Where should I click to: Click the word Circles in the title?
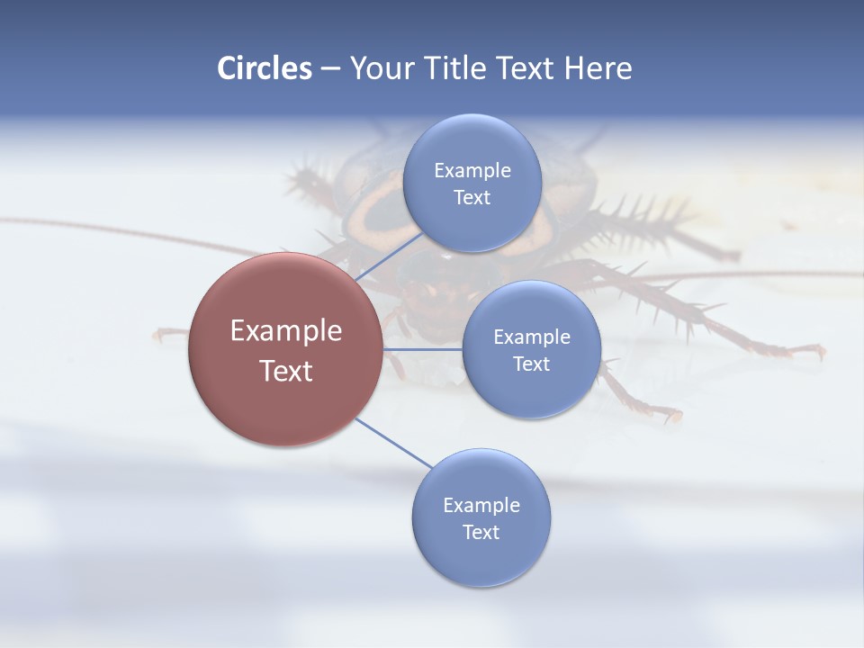coord(264,68)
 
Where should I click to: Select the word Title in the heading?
coord(462,68)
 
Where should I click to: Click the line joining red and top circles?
coord(389,256)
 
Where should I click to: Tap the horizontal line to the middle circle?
coord(422,349)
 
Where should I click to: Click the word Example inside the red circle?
coord(286,331)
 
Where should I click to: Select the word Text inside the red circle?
coord(286,371)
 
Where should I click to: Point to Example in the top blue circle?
coord(472,171)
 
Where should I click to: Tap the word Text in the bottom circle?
coord(481,533)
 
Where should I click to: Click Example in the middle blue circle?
coord(532,337)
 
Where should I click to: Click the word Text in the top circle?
coord(472,198)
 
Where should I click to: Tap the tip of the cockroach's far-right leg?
coord(819,352)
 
